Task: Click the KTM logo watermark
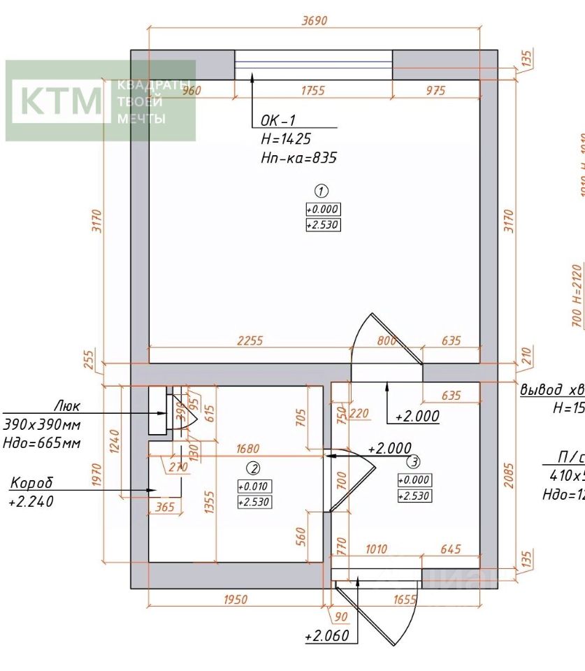tap(62, 100)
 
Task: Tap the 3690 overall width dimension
tap(314, 21)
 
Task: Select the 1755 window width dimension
tap(312, 89)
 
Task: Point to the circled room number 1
tap(322, 190)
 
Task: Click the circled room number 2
tap(254, 468)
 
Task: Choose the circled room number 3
tap(414, 461)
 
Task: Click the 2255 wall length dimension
tap(250, 340)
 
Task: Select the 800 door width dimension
tap(387, 340)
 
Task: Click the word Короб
tap(31, 483)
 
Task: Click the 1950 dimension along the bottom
tap(236, 599)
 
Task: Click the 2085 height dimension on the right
tap(509, 475)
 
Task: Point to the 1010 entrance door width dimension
tap(376, 549)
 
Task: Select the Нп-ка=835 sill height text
tap(298, 158)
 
